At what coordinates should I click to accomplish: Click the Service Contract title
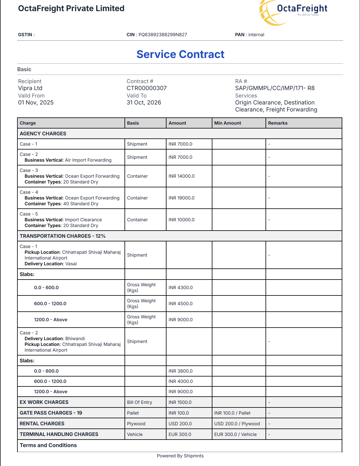(180, 54)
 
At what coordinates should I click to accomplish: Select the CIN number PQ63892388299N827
(163, 35)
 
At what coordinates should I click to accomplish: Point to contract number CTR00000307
(147, 88)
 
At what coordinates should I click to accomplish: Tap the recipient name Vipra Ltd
(30, 88)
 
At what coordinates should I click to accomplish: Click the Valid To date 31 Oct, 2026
(144, 102)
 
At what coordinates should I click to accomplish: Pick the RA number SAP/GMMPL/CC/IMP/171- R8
(275, 88)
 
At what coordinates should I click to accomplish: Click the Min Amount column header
(228, 123)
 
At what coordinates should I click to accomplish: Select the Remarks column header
(278, 123)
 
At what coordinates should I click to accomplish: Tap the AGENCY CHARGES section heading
(43, 134)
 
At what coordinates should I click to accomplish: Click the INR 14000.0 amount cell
(181, 176)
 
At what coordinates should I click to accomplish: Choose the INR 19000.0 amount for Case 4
(181, 198)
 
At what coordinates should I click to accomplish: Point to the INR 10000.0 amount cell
(181, 220)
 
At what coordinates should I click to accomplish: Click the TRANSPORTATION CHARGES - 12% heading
(63, 236)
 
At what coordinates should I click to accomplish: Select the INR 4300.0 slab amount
(181, 288)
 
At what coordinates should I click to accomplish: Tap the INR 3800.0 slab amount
(181, 371)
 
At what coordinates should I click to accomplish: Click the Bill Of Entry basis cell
(139, 402)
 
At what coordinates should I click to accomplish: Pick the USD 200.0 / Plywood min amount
(237, 424)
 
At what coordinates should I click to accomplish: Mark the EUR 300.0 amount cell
(180, 434)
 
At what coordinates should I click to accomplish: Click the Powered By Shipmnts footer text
(180, 456)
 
